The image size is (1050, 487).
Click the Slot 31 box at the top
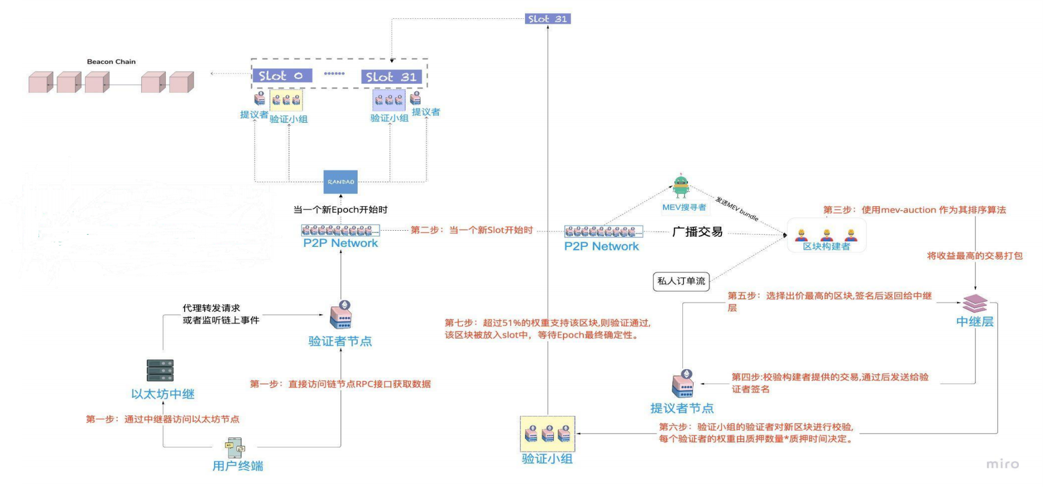pyautogui.click(x=547, y=19)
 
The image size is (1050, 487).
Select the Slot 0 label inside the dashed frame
pyautogui.click(x=281, y=76)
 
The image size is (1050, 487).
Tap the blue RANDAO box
pyautogui.click(x=340, y=182)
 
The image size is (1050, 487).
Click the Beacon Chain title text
pyautogui.click(x=111, y=62)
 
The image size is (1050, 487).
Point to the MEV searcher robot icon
pyautogui.click(x=681, y=187)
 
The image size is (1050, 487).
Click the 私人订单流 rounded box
pyautogui.click(x=681, y=281)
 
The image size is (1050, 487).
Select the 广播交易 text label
pyautogui.click(x=697, y=232)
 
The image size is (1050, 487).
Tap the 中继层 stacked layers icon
pyautogui.click(x=975, y=304)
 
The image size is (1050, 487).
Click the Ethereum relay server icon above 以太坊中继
pyautogui.click(x=160, y=370)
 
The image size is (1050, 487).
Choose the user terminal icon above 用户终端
pyautogui.click(x=235, y=446)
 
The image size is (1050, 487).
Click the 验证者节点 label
pyautogui.click(x=340, y=341)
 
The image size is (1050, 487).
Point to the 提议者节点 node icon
pyautogui.click(x=683, y=384)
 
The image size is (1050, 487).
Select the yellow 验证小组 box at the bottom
pyautogui.click(x=547, y=434)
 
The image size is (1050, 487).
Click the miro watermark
pyautogui.click(x=1002, y=464)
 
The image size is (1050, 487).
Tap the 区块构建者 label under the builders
pyautogui.click(x=826, y=246)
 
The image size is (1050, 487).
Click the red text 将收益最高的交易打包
pyautogui.click(x=974, y=256)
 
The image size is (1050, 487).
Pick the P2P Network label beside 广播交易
pyautogui.click(x=601, y=246)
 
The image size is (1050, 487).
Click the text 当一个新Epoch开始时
pyautogui.click(x=340, y=210)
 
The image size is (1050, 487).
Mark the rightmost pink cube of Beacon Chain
pyautogui.click(x=181, y=82)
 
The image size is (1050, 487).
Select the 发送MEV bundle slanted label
pyautogui.click(x=736, y=209)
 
